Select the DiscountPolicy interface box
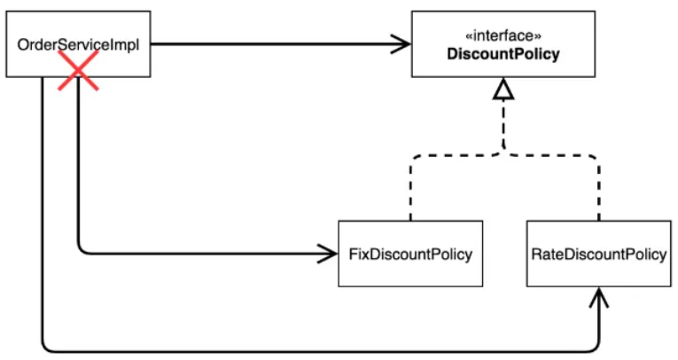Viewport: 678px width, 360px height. coord(503,43)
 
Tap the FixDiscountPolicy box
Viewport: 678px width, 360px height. coord(405,254)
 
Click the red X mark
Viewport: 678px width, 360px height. coord(78,69)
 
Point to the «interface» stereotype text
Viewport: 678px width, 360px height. coord(503,36)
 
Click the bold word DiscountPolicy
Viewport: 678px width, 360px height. coord(503,55)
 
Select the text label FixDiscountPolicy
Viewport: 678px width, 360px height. coord(405,254)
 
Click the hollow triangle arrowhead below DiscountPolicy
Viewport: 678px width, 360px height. coord(503,89)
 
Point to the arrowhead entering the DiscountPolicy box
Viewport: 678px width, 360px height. coord(401,43)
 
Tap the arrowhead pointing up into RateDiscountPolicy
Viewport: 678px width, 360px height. coord(600,295)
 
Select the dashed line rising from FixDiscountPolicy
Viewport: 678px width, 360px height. coord(410,191)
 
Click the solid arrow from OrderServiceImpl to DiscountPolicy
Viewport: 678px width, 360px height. coord(266,43)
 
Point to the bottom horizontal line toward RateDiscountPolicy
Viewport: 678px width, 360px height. coord(319,348)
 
